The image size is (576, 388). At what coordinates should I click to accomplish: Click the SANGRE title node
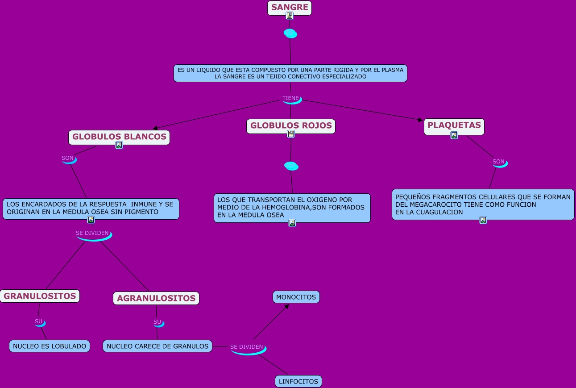[290, 7]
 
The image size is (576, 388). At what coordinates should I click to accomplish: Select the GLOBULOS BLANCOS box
[119, 137]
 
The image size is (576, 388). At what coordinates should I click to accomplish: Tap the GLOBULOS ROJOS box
[291, 125]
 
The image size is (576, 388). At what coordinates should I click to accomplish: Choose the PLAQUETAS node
[454, 125]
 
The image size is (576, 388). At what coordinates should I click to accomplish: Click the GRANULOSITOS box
[40, 296]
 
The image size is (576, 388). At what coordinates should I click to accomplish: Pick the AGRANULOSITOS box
[156, 298]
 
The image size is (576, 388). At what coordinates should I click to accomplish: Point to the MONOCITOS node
[296, 297]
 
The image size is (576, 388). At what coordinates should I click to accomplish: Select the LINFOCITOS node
[298, 381]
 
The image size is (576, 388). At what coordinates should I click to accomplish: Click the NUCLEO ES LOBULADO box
[50, 346]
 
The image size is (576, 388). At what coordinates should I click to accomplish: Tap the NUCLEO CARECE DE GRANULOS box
[157, 346]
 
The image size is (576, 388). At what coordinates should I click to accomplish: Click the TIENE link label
[290, 98]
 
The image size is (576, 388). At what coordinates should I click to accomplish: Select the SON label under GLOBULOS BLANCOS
[67, 158]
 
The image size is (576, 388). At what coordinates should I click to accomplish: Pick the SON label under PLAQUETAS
[498, 162]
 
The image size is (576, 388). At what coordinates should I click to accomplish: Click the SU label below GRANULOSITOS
[38, 321]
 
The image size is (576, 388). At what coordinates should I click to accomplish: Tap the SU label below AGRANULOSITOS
[157, 322]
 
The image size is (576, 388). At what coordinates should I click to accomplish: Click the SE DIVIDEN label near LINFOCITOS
[246, 347]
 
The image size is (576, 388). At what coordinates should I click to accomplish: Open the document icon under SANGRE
[290, 16]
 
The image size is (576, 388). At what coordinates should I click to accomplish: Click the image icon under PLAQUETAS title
[454, 135]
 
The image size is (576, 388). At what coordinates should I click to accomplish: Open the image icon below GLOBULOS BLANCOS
[119, 145]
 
